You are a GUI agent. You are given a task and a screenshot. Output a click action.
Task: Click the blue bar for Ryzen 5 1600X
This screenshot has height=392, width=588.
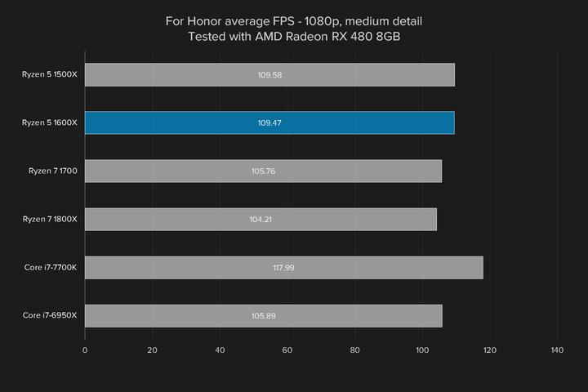[269, 122]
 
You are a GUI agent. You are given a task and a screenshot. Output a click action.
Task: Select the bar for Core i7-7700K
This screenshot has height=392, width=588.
[283, 267]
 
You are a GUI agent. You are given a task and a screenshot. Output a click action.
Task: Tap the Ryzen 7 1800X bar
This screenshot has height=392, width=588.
[261, 219]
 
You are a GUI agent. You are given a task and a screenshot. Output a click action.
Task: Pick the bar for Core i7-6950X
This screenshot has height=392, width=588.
[263, 315]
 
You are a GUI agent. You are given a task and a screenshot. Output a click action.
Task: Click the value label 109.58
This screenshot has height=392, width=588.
[269, 75]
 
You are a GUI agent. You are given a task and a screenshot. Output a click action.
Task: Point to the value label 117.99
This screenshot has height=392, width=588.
[283, 267]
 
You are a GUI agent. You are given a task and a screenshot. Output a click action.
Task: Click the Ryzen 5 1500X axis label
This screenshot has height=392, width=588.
[50, 75]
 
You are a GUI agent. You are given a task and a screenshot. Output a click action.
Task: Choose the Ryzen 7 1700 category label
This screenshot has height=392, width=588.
[52, 171]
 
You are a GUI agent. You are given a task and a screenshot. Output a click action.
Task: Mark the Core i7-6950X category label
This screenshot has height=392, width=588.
[50, 315]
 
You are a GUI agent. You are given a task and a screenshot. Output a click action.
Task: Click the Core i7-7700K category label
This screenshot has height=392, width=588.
[50, 267]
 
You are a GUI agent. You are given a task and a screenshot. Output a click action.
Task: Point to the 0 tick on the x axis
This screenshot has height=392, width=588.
[85, 350]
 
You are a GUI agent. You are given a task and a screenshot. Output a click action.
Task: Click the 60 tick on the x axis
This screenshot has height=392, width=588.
[287, 350]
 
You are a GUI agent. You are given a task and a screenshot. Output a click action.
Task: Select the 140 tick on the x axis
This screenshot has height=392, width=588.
[558, 350]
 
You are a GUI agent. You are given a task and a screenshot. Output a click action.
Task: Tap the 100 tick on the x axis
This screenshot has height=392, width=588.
[422, 350]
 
